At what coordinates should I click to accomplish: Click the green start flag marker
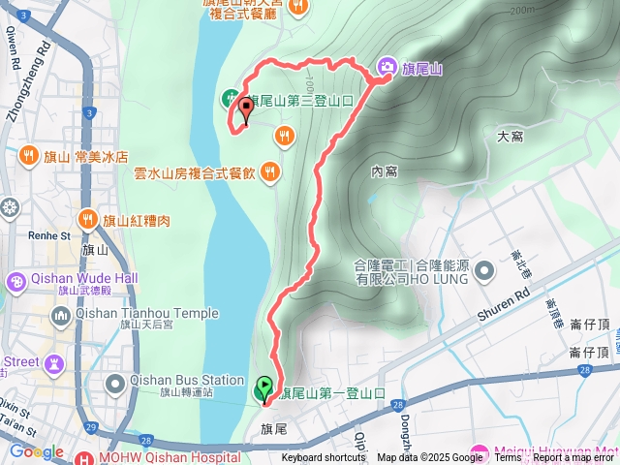263,389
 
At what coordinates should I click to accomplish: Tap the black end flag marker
245,109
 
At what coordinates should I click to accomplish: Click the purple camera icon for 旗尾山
387,66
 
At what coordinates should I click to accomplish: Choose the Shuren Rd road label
505,305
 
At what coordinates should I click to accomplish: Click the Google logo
36,451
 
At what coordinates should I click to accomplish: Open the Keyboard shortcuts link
325,458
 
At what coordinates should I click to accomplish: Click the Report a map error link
574,458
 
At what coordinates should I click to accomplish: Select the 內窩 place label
385,171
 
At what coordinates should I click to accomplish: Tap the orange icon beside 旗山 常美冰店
29,156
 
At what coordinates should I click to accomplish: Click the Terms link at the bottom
508,458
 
